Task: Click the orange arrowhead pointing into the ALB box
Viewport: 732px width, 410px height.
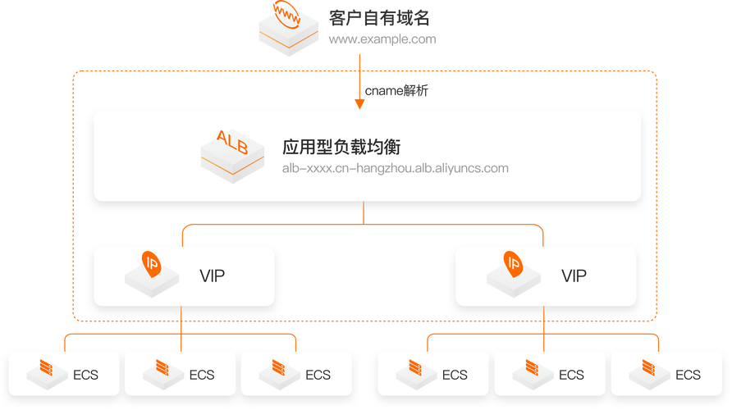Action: click(359, 103)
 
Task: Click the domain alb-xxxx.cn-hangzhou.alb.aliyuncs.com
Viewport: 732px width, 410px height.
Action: click(395, 169)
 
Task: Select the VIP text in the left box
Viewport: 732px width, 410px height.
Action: click(212, 276)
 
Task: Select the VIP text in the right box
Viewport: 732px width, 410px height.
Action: click(574, 276)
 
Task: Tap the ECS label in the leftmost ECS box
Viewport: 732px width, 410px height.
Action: click(85, 375)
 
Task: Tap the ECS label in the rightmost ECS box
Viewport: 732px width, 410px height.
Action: click(688, 375)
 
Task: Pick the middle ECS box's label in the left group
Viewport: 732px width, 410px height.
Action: click(202, 375)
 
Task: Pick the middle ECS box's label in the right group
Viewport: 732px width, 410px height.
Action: click(571, 375)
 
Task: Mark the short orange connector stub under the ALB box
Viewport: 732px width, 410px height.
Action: click(363, 216)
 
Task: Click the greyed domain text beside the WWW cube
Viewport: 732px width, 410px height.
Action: click(382, 39)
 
